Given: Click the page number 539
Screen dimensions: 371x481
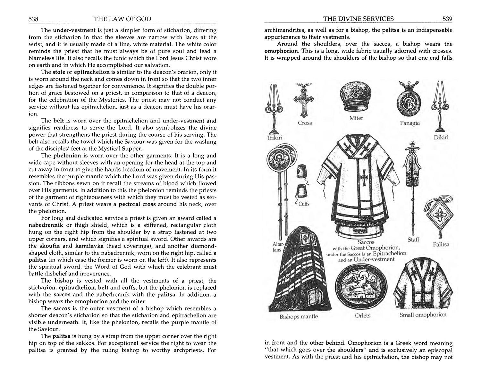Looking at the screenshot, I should coord(447,19).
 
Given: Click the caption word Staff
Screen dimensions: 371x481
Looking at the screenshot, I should coord(413,240).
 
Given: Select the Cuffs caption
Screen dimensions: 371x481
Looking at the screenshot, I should coord(304,204).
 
